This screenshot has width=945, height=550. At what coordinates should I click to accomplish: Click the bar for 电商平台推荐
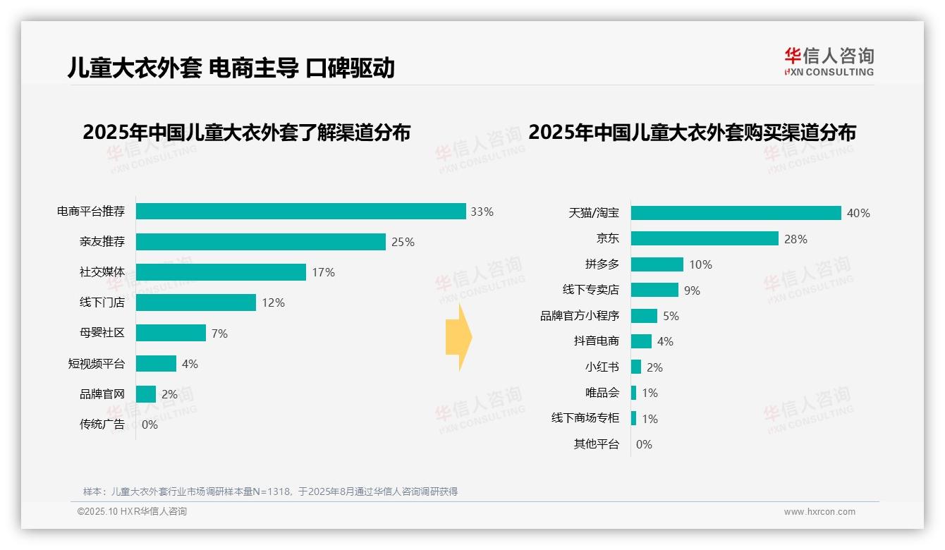click(x=300, y=212)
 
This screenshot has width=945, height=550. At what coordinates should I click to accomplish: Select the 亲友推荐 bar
click(x=260, y=242)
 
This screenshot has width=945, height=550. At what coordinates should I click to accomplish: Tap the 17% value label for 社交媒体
click(x=323, y=272)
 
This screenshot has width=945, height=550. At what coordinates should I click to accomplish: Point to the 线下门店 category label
click(x=102, y=302)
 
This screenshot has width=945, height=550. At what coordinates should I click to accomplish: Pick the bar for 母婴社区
click(x=171, y=333)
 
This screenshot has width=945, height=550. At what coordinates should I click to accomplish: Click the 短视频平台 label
click(x=96, y=364)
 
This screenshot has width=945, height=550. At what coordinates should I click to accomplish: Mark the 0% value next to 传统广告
click(x=150, y=424)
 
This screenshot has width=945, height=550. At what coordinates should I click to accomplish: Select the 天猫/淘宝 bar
click(x=736, y=213)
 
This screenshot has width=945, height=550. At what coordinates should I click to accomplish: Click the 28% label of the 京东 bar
click(x=795, y=239)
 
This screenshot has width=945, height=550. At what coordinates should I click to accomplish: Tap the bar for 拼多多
click(x=657, y=264)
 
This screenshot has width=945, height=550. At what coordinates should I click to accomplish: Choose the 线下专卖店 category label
click(x=590, y=290)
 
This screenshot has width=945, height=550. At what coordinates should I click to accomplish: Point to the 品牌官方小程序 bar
click(x=644, y=316)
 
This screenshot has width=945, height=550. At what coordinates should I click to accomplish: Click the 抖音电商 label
click(x=596, y=341)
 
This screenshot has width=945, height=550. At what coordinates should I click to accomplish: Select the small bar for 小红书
click(x=636, y=367)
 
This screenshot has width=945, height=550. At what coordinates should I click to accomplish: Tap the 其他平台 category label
click(x=596, y=444)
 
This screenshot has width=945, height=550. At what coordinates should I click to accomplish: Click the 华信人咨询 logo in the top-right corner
click(x=829, y=61)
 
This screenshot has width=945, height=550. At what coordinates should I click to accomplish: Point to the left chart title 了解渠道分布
click(x=246, y=133)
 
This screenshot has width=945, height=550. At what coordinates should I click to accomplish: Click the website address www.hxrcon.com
click(x=819, y=512)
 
